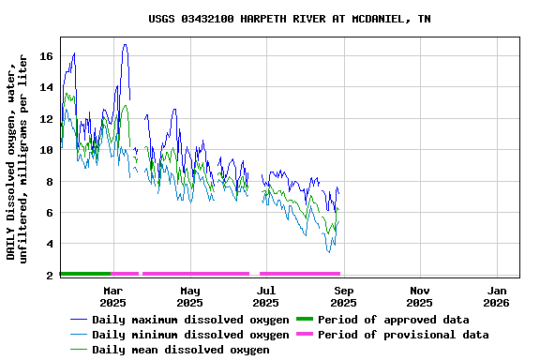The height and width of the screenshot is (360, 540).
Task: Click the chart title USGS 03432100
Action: point(290,19)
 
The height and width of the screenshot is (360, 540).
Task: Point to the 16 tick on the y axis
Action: point(46,56)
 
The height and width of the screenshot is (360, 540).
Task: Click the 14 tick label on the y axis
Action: point(46,87)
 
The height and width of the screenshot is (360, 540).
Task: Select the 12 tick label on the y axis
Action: point(46,119)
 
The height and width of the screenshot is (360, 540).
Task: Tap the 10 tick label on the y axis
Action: point(46,150)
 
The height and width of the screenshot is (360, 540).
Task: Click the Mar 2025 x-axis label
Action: point(112,296)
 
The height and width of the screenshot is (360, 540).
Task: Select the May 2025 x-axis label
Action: point(189,296)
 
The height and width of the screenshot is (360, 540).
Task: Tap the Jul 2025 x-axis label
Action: point(266,296)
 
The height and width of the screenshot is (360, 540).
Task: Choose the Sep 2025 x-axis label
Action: point(343,296)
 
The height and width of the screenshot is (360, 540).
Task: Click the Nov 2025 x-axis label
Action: point(420,296)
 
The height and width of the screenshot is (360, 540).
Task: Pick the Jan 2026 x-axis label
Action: point(497,296)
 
